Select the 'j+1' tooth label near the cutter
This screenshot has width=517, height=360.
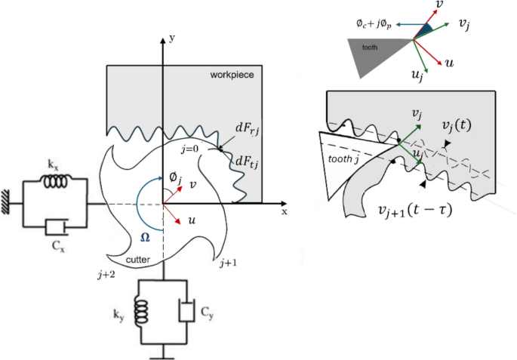[x=229, y=263]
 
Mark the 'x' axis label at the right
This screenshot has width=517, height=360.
[x=285, y=212]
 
